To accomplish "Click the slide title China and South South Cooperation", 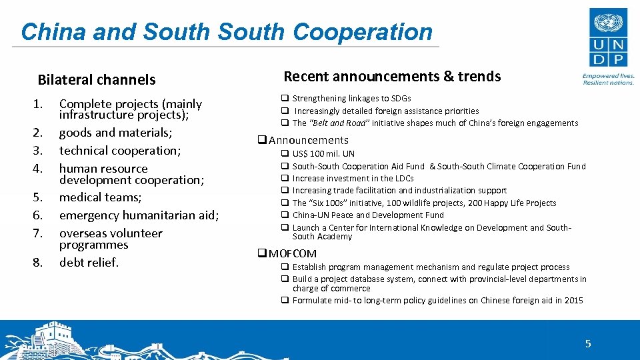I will click(227, 31).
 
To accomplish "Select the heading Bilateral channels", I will click(97, 80).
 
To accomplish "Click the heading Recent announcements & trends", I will click(392, 77).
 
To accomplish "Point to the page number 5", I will click(587, 344).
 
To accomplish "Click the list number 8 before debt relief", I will click(38, 263).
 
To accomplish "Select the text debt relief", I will click(89, 262).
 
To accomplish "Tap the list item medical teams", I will click(100, 197).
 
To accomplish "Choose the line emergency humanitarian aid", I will click(139, 215).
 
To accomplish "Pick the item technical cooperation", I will click(119, 150).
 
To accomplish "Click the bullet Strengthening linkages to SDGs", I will click(351, 99).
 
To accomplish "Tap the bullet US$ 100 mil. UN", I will click(323, 154).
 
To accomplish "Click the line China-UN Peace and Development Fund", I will click(367, 215).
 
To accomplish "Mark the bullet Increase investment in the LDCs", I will click(353, 179).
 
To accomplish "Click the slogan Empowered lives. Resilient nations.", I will click(608, 79).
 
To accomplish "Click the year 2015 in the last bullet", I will click(573, 301).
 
